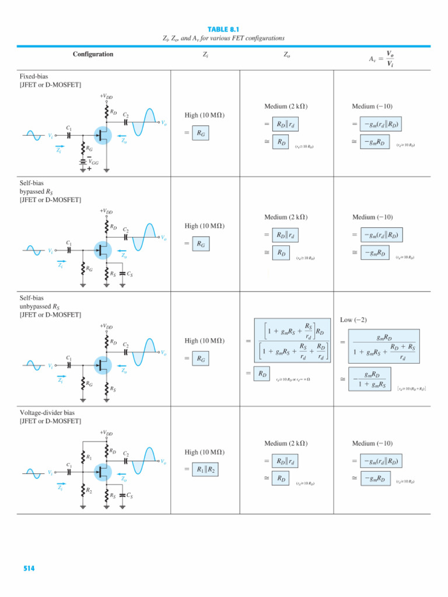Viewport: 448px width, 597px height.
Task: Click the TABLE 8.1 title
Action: click(x=224, y=29)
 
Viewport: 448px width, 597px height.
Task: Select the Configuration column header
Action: click(x=93, y=54)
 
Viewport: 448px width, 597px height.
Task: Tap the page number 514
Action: click(x=29, y=568)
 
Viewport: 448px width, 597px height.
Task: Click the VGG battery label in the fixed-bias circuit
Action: click(x=92, y=163)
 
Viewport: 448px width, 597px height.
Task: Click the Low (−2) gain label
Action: click(x=353, y=320)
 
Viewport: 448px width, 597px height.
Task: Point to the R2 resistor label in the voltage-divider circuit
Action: click(x=89, y=491)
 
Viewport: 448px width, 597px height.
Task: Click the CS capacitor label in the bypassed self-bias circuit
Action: click(x=129, y=273)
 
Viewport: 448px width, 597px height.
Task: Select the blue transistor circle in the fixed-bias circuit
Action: click(x=106, y=136)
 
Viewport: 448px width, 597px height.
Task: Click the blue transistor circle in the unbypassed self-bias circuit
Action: click(x=106, y=366)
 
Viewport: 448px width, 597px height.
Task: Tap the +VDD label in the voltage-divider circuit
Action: click(x=106, y=433)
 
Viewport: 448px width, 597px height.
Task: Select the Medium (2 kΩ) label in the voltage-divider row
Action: click(x=286, y=444)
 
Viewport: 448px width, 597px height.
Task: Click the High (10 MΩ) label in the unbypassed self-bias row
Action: click(x=205, y=340)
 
